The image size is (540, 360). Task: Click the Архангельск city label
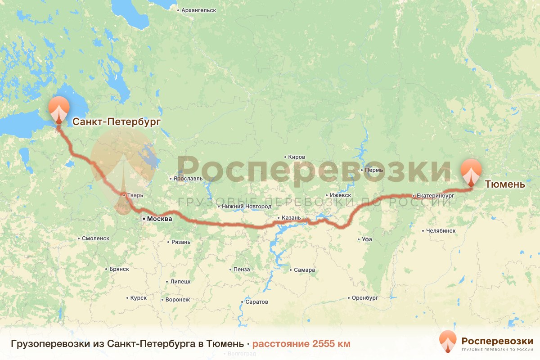coord(198,10)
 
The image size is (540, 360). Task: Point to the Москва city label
coord(159,219)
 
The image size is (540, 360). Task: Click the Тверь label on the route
coord(135,196)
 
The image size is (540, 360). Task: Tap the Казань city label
coord(291,218)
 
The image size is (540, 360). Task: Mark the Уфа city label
coord(367,239)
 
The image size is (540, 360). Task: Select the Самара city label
coord(304,270)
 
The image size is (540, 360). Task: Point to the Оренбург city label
coord(364,298)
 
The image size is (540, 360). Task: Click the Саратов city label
coord(256,301)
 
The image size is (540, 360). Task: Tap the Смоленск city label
coord(95,238)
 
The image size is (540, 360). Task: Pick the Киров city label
coord(298,157)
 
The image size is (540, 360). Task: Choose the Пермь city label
coord(374,170)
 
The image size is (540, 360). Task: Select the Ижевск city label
coord(340,195)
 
